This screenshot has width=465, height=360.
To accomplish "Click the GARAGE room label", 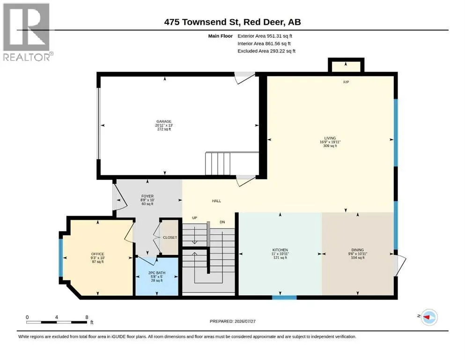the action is click(164, 121).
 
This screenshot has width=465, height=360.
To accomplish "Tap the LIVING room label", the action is click(330, 138).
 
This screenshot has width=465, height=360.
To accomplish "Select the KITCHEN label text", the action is click(280, 250).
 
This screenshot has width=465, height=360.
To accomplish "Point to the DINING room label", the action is click(358, 250).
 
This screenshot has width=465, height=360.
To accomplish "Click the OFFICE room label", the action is click(97, 254).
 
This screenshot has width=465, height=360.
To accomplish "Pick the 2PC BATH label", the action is click(157, 273).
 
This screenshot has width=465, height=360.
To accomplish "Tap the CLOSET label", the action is click(170, 238).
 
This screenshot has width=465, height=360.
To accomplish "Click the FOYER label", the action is click(148, 196).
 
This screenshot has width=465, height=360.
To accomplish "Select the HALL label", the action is click(216, 201).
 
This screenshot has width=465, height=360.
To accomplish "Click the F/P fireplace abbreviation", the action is click(346, 82).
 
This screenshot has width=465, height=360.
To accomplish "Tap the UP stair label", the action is click(194, 218).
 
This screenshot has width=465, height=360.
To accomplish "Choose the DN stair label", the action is click(222, 222).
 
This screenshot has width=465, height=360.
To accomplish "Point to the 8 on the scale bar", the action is click(87, 317).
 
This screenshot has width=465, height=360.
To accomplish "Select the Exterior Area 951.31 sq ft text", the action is click(265, 36).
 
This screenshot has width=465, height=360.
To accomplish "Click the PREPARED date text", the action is click(232, 321).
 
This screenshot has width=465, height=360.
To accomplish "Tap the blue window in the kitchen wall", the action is click(284, 297).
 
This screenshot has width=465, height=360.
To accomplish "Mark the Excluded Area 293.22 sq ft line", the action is click(266, 51).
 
